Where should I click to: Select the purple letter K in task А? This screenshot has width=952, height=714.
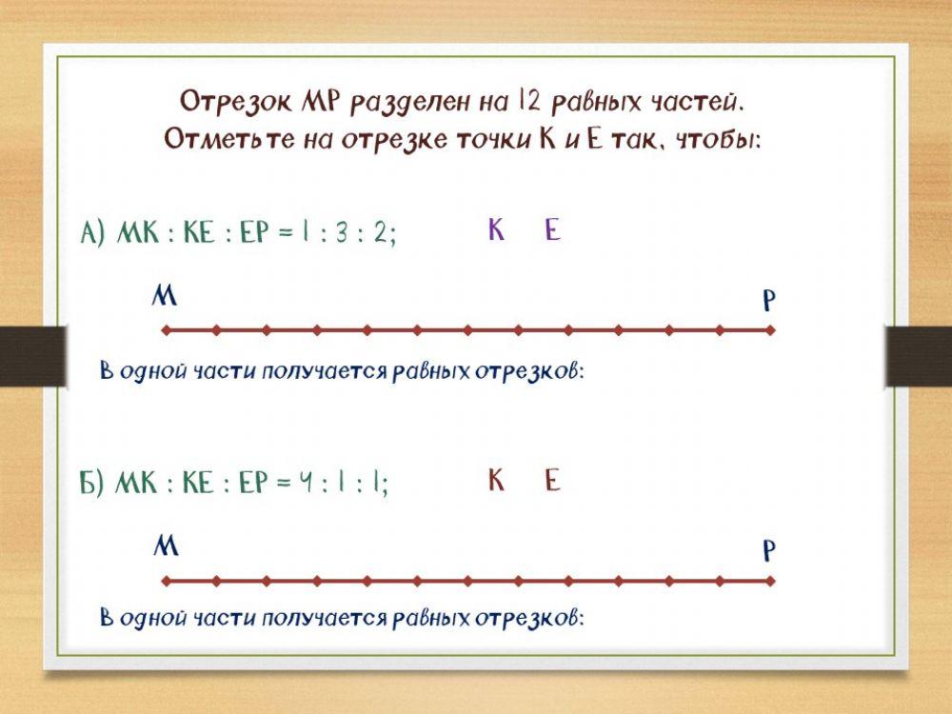coord(496,230)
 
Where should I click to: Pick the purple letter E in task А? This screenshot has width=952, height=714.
coord(552,230)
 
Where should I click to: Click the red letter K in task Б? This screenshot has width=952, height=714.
coord(496,481)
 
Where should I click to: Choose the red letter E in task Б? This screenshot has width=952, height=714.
coord(552,481)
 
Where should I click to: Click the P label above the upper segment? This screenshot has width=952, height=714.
coord(769,302)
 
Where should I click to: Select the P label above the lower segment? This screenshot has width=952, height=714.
coord(769,552)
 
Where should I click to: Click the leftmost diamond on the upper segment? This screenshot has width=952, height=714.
coord(166,331)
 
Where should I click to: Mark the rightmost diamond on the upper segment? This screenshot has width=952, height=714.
coord(771,331)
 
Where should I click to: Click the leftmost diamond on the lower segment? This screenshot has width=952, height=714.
coord(166,581)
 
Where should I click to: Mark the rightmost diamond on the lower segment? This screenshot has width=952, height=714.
coord(771,581)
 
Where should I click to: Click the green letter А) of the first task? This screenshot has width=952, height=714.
coord(92,234)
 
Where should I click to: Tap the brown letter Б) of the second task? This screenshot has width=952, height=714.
coord(91,484)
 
